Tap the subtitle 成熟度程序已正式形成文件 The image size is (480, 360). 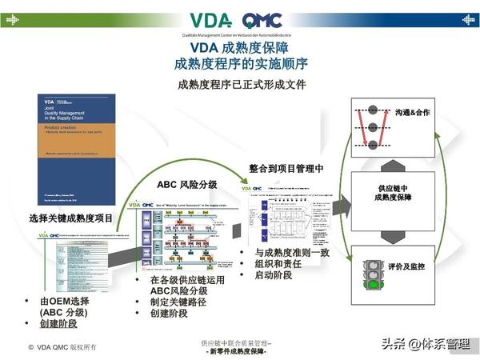click(240, 84)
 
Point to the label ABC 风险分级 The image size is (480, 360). click(186, 185)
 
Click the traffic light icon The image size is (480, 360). click(371, 274)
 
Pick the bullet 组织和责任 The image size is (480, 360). click(277, 264)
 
